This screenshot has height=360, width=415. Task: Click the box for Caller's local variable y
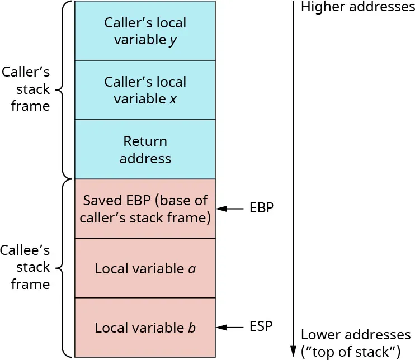pos(145,31)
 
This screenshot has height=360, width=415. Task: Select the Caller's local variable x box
pos(145,90)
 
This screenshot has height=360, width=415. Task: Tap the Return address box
pos(145,149)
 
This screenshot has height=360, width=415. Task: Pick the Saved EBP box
pos(145,209)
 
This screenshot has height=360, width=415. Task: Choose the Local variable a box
pos(145,268)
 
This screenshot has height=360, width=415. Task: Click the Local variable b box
pos(145,328)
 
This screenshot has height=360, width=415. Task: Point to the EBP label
pos(262,209)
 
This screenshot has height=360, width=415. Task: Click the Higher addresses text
pos(358,7)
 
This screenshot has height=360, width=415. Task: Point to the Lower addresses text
pos(356,335)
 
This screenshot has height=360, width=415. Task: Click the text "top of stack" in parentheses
pos(351,352)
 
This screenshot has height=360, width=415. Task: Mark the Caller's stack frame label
pos(26,89)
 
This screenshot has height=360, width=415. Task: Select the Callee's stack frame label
pos(26,267)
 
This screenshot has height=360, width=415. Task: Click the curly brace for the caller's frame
pos(64,89)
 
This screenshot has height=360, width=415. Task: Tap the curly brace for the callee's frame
pos(64,267)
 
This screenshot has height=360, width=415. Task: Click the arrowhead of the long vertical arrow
pos(293,351)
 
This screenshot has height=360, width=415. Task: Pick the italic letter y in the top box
pos(173,41)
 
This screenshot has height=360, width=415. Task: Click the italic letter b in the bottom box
pos(192,328)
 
